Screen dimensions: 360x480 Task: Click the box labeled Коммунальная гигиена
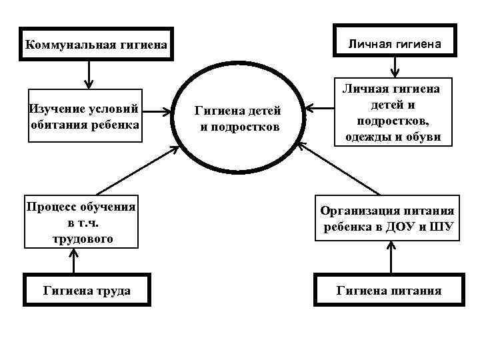click(96, 45)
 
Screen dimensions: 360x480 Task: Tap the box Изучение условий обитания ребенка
click(85, 117)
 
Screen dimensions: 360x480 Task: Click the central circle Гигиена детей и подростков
click(237, 117)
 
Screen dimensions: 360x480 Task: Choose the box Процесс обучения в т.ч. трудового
click(81, 222)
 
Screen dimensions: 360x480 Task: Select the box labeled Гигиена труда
click(86, 290)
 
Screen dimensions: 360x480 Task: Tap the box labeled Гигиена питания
click(389, 290)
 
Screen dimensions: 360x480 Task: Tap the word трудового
click(82, 238)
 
